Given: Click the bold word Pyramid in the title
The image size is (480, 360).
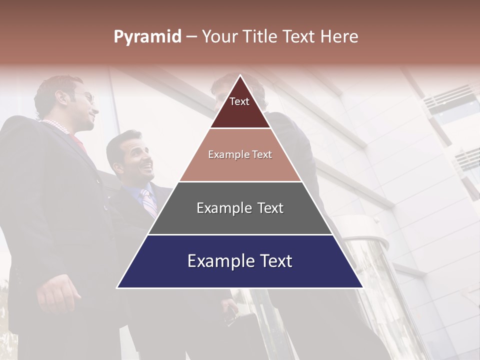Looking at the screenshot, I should point(147,36).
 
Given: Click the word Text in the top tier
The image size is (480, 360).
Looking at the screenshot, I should point(239,101).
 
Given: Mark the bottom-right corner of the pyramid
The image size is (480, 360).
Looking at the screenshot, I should point(362,287).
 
